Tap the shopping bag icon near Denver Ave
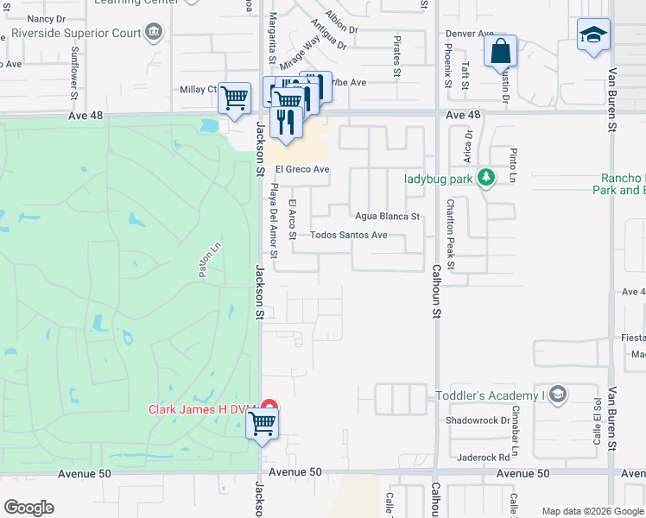[501, 52]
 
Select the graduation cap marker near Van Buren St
[593, 35]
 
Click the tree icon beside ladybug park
[487, 179]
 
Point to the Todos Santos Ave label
[348, 235]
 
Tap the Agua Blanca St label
[387, 217]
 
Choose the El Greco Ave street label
[302, 169]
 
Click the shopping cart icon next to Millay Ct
[234, 98]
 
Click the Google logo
[28, 508]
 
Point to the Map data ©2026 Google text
[592, 511]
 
